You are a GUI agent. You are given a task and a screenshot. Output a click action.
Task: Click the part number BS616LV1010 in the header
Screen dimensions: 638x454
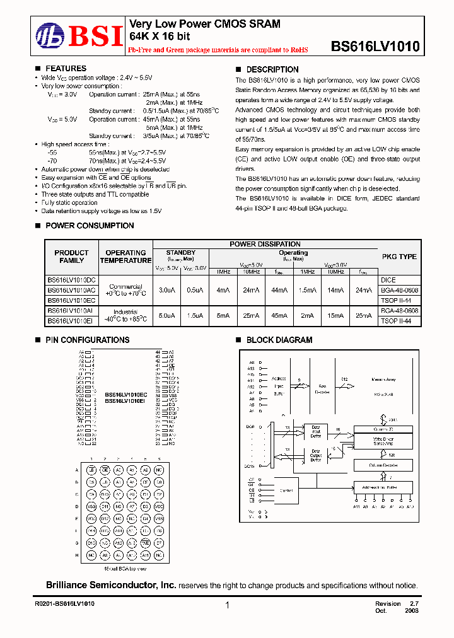[x=375, y=46]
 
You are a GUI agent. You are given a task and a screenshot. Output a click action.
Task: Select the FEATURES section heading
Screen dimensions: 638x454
[x=66, y=69]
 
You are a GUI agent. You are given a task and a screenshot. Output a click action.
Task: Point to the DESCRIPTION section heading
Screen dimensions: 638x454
[x=272, y=69]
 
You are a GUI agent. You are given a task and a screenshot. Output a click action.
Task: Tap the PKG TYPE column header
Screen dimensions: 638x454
[x=399, y=257]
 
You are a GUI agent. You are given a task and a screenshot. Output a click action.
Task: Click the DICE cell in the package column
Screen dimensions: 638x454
[x=388, y=279]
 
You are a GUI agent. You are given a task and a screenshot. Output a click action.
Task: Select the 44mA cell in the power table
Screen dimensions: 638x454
[x=277, y=290]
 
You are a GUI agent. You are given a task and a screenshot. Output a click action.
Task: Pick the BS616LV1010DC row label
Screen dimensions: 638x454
[x=71, y=279]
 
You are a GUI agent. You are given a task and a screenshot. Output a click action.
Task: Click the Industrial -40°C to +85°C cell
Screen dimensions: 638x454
[x=125, y=316]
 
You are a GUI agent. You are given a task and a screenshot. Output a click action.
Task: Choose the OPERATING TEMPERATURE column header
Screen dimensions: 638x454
[x=125, y=257]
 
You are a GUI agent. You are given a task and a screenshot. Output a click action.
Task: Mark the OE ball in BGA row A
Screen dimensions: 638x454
[x=105, y=470]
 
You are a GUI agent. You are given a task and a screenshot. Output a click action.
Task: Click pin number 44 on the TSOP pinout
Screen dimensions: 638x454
[x=158, y=352]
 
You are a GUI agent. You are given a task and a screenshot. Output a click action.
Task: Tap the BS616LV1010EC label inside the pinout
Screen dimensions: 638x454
[x=125, y=395]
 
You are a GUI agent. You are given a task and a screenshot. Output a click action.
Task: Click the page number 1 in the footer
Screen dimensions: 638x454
[x=226, y=605]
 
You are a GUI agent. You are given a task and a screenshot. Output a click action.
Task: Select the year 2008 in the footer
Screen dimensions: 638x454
[x=410, y=610]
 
